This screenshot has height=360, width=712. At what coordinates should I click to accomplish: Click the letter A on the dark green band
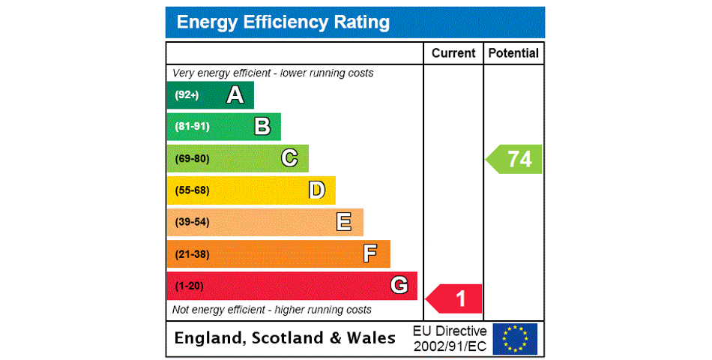(x=235, y=95)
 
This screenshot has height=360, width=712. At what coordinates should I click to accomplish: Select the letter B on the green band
(x=262, y=127)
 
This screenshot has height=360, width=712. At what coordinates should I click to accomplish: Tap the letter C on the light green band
(x=289, y=158)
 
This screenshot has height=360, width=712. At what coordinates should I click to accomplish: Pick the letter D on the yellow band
(x=317, y=190)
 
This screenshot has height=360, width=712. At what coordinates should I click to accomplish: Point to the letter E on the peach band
(x=344, y=222)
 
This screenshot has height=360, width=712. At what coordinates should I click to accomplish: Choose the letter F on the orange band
(x=370, y=253)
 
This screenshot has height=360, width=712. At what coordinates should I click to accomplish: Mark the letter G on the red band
(x=399, y=285)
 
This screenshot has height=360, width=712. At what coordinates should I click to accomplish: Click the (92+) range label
(x=187, y=95)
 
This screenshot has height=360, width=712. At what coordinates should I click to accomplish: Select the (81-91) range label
(x=192, y=127)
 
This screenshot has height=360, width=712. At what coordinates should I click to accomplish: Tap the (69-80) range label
(x=192, y=159)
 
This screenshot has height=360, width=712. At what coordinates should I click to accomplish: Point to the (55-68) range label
(x=192, y=190)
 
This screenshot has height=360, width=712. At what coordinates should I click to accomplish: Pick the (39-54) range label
(x=192, y=222)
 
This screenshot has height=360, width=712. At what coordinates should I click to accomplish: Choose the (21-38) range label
(x=192, y=254)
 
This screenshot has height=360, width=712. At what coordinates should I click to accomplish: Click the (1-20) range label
(x=189, y=286)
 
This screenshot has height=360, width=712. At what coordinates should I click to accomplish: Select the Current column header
(x=453, y=53)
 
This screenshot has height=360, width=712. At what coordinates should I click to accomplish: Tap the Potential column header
(x=513, y=53)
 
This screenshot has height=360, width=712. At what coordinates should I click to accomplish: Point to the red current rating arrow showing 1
(x=455, y=298)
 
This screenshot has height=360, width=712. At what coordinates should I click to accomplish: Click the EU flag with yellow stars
(x=515, y=338)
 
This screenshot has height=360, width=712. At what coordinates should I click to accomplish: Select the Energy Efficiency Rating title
(x=283, y=22)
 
